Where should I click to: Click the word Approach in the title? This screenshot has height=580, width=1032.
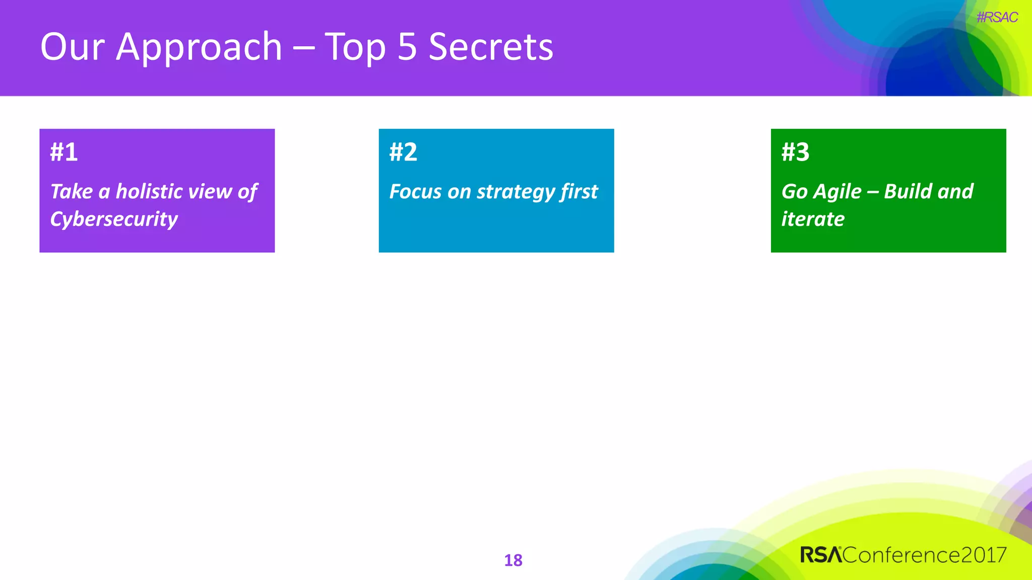[199, 48]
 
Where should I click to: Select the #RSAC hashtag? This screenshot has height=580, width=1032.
[997, 18]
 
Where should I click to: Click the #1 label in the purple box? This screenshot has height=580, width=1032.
[64, 152]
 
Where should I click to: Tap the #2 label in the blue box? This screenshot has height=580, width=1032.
[403, 152]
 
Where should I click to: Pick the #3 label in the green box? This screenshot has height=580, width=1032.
[795, 152]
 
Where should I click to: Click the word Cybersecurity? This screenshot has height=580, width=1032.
[114, 219]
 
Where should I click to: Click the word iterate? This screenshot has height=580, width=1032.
[813, 219]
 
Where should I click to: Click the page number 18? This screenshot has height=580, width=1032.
[513, 560]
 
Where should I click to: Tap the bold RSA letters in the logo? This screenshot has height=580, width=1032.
[821, 555]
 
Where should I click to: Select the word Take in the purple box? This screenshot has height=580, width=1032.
[72, 191]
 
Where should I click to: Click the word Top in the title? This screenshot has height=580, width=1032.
[355, 48]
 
